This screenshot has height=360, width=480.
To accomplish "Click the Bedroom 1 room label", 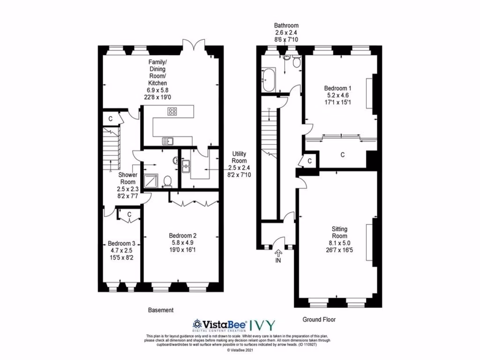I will click(x=337, y=88).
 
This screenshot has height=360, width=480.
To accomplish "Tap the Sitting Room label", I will click(x=340, y=232).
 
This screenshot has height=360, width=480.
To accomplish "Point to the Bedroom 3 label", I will click(x=121, y=243).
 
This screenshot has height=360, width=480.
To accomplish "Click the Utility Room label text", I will click(x=239, y=157).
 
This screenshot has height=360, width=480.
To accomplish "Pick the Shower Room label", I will click(x=127, y=178).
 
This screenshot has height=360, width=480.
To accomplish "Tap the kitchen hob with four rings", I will click(x=172, y=112).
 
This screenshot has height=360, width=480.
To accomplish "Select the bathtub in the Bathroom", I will click(x=269, y=80).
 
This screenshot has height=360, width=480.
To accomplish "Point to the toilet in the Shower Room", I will click(x=169, y=181).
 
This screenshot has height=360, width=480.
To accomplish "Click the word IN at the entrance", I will click(x=278, y=261).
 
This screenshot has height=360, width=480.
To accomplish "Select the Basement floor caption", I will click(x=161, y=310).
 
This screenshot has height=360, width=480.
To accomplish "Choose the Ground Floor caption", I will click(x=319, y=320).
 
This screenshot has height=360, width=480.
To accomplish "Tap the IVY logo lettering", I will click(x=262, y=324).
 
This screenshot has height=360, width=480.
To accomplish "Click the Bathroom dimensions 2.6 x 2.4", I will click(x=286, y=33).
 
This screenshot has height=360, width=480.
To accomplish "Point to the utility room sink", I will click(x=186, y=165).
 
